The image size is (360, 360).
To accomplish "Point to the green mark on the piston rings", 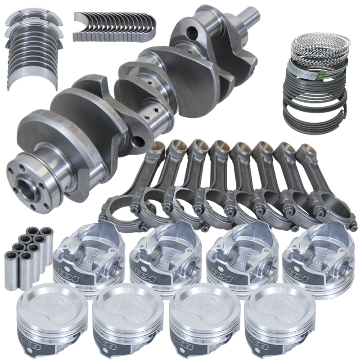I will pyautogui.click(x=328, y=71).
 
